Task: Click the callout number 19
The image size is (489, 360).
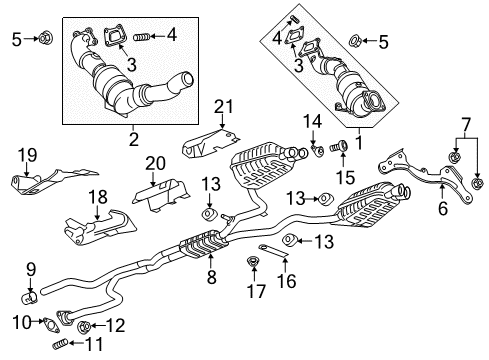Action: click(27, 155)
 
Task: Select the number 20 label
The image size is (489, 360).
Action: click(154, 163)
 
